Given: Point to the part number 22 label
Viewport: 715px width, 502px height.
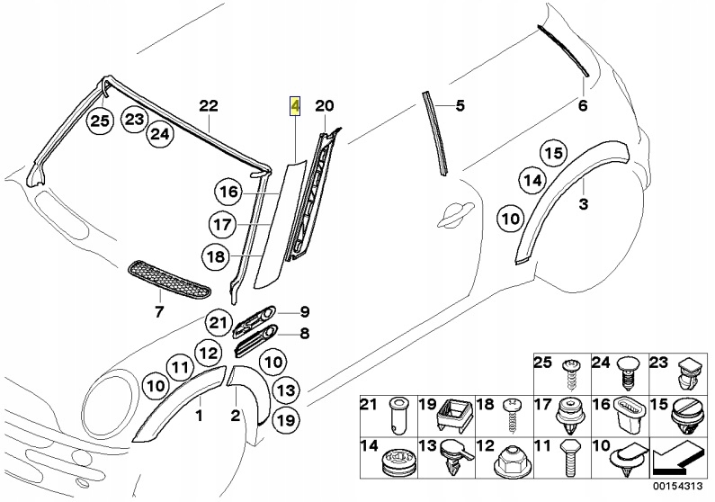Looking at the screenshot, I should pos(208,106).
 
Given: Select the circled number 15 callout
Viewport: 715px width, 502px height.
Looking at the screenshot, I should pos(553,153).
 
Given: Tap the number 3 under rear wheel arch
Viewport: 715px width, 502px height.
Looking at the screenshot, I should pos(583,205).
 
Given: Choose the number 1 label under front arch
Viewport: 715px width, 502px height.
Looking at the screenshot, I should pos(200,415).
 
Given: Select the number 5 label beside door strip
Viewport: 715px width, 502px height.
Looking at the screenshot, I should pos(460,106).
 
